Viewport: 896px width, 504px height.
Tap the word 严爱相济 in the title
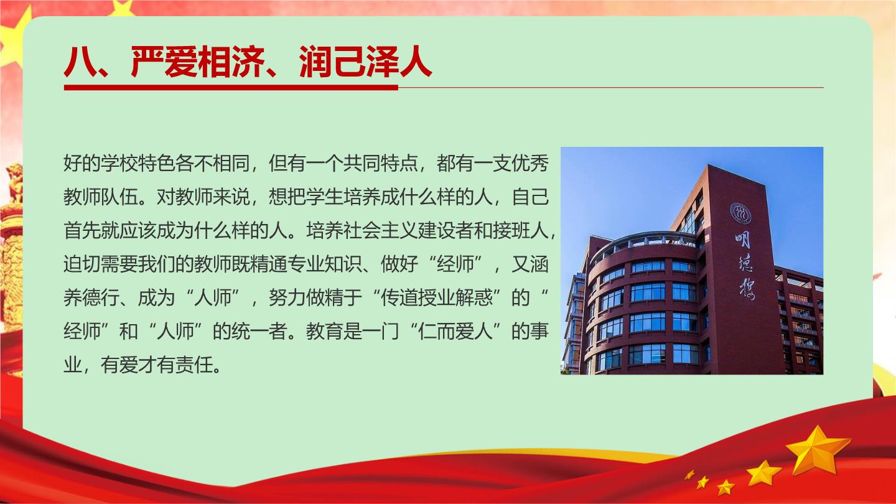coord(198,62)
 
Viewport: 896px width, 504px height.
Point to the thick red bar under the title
coord(231,88)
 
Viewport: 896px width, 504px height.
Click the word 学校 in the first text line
coord(119,163)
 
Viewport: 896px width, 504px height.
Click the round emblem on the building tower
coord(740,213)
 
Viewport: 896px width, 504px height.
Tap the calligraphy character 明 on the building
coord(742,240)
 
